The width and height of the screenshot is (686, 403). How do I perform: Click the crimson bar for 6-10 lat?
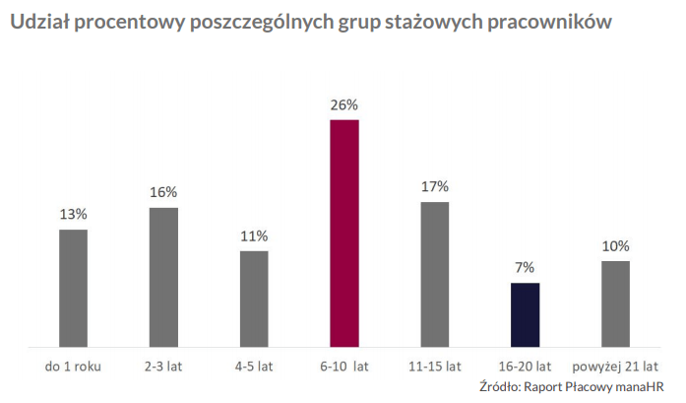(344, 234)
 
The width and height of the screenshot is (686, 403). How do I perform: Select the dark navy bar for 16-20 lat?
(525, 315)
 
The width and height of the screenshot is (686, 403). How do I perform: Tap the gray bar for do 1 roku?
(73, 288)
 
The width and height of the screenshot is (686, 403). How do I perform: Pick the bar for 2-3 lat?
(163, 277)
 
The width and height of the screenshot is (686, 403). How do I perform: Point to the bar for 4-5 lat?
(254, 299)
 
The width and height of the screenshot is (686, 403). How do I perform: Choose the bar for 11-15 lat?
(435, 274)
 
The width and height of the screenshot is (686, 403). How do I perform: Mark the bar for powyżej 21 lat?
(616, 303)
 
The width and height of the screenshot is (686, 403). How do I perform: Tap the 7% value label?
(525, 268)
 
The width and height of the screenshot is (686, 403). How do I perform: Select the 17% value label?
(435, 186)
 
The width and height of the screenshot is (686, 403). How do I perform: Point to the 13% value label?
(73, 214)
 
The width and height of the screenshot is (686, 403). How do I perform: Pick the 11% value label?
(254, 235)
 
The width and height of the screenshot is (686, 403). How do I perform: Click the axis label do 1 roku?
(74, 368)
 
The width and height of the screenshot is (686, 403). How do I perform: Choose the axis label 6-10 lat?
(343, 368)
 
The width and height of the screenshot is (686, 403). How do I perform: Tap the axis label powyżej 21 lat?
(615, 368)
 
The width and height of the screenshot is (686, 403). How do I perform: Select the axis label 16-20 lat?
(525, 368)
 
